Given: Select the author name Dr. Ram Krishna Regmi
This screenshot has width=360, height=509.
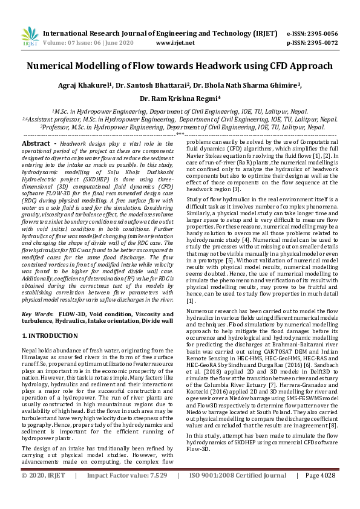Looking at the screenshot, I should click(x=180, y=99).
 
